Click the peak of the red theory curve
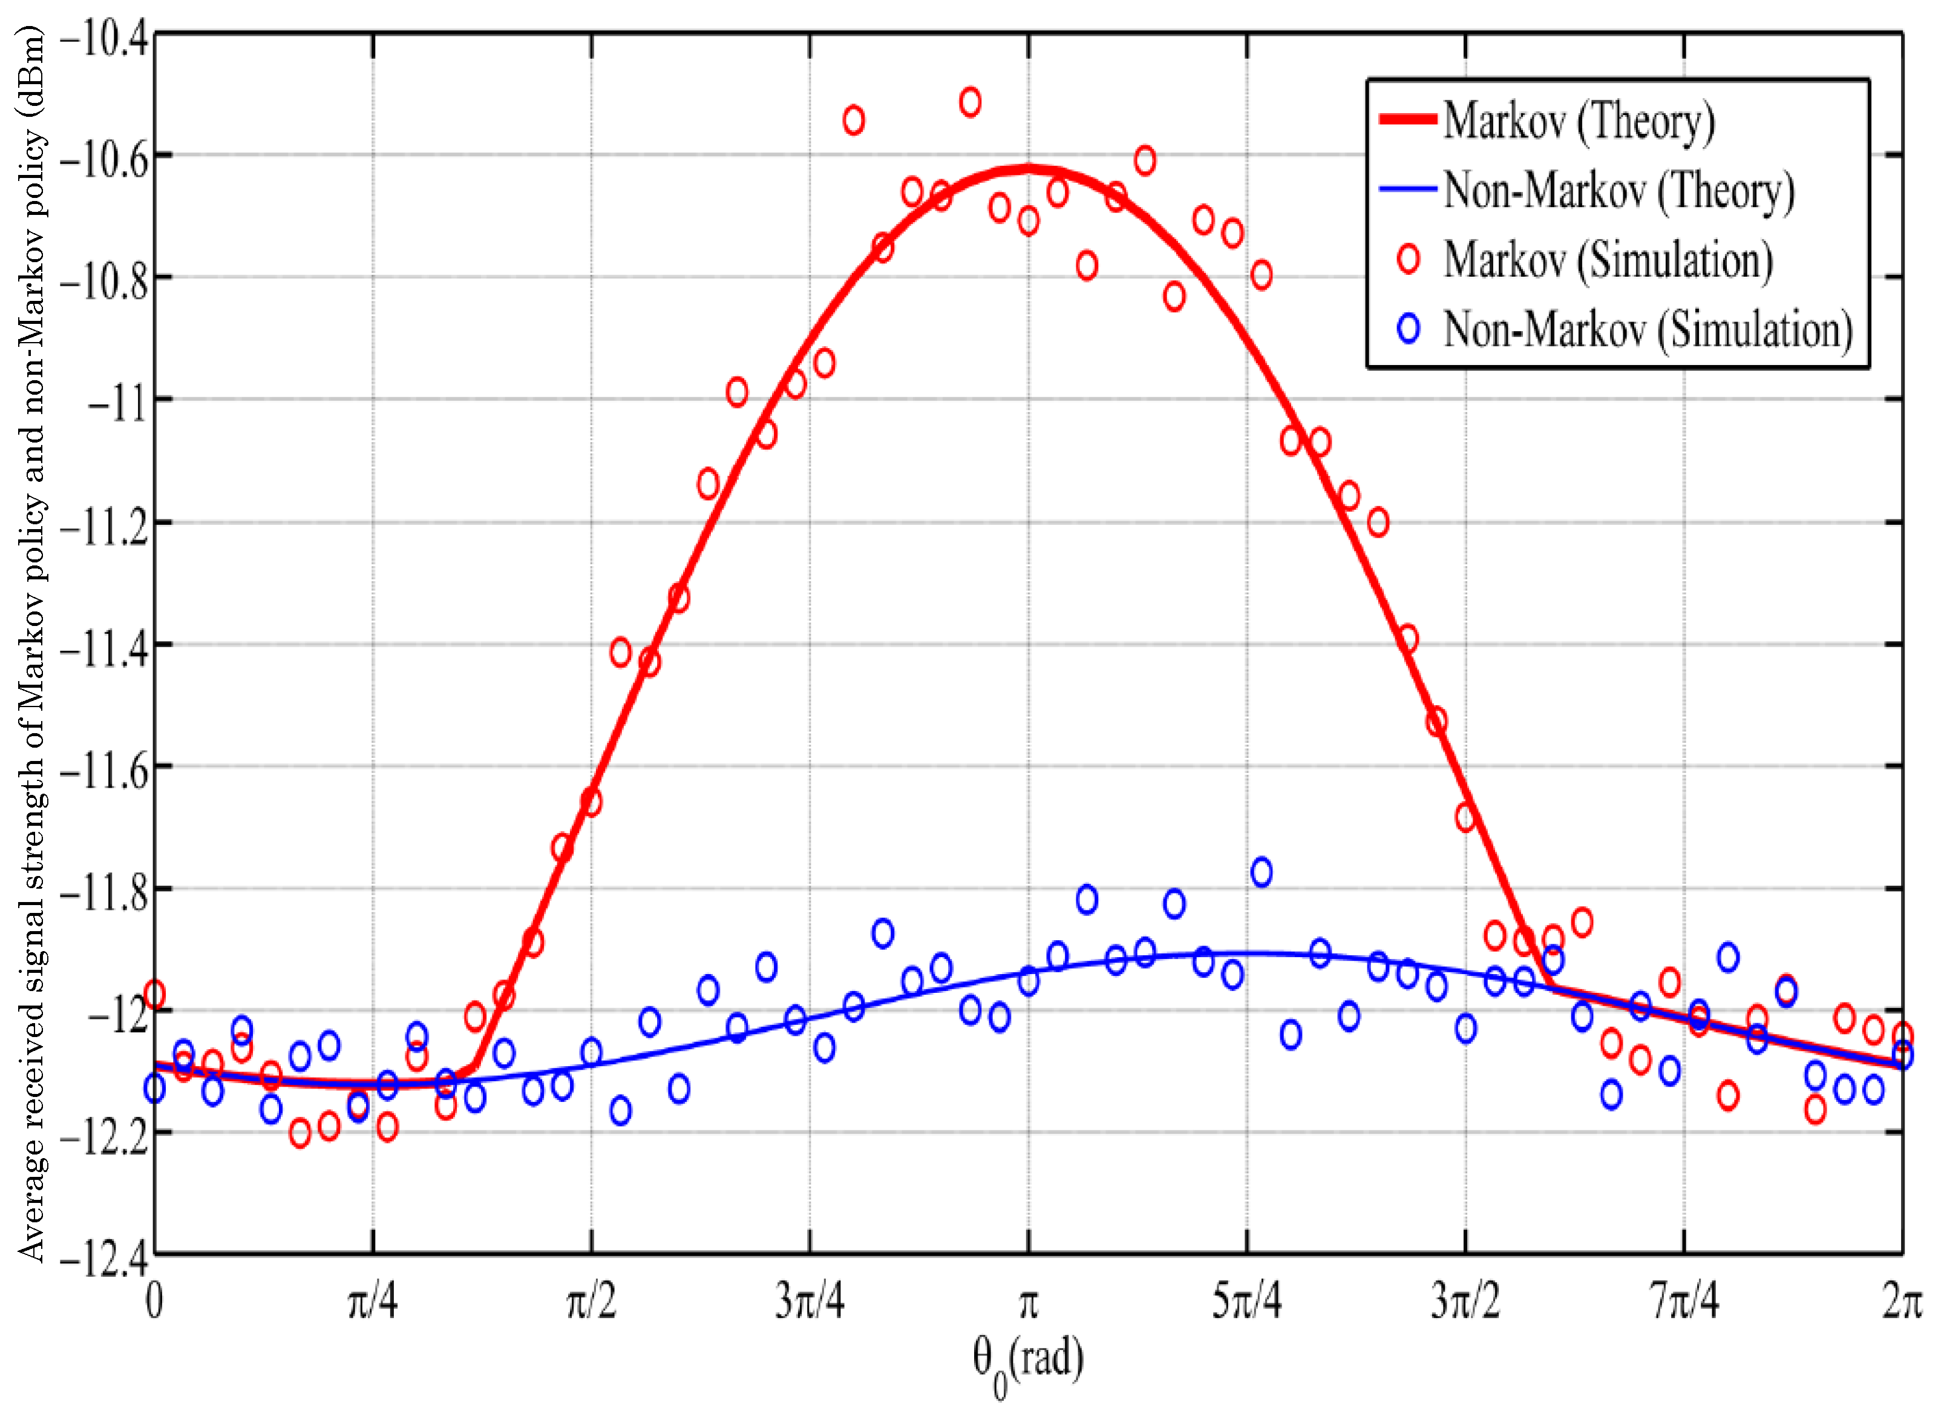[x=1029, y=169]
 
